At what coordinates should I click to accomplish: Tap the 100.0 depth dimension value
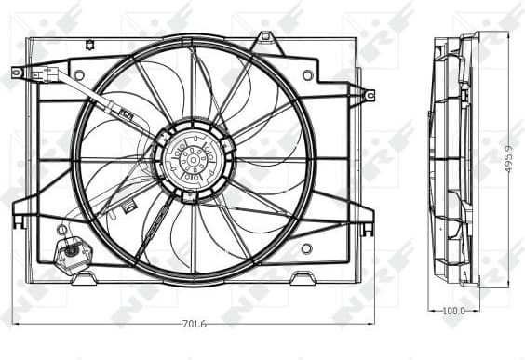[454, 311]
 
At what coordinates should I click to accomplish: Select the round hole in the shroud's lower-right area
[307, 248]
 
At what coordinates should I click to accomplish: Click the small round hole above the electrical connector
[62, 229]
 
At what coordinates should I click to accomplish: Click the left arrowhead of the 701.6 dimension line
[16, 324]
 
